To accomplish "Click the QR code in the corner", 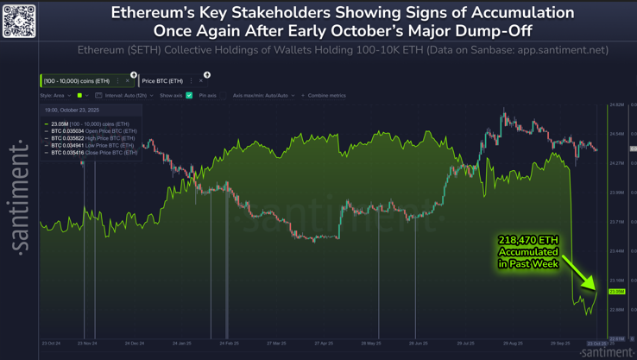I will coord(19,20).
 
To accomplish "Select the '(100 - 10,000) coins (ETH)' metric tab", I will coord(77,81).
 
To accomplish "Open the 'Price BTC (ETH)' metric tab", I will coord(162,81).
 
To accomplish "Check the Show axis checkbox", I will coord(189,96).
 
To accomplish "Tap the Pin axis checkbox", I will coord(222,96).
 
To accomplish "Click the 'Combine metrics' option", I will coord(325,96).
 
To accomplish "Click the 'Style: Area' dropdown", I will coord(55,96).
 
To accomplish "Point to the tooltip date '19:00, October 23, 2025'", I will coord(72,111).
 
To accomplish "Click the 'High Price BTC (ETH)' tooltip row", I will coord(92,138).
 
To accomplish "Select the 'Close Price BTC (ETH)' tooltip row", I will coord(93,153).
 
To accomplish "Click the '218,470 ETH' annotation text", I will coord(528,240).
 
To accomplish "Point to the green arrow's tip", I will coord(595,289).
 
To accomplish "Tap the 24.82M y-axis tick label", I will coord(616,104).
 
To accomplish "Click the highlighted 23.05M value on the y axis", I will coord(616,292).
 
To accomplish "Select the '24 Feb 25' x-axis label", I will coord(229,344).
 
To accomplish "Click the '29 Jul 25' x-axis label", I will coord(466,344).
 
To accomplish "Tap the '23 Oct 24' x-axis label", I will coord(51,344).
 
